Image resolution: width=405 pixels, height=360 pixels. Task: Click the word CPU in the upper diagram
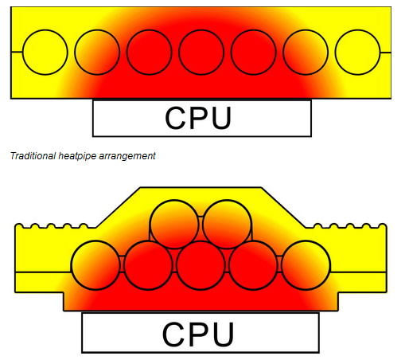point(198,118)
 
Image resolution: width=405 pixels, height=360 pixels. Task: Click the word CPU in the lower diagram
point(198,335)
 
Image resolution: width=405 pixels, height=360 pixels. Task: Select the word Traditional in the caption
point(33,156)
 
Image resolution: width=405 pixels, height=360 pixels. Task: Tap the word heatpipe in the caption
point(77,156)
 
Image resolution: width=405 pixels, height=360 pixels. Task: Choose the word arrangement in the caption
point(127,157)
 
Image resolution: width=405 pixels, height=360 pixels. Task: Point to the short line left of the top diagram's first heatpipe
point(17,52)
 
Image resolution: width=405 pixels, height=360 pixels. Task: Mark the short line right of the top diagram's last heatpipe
point(386,53)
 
